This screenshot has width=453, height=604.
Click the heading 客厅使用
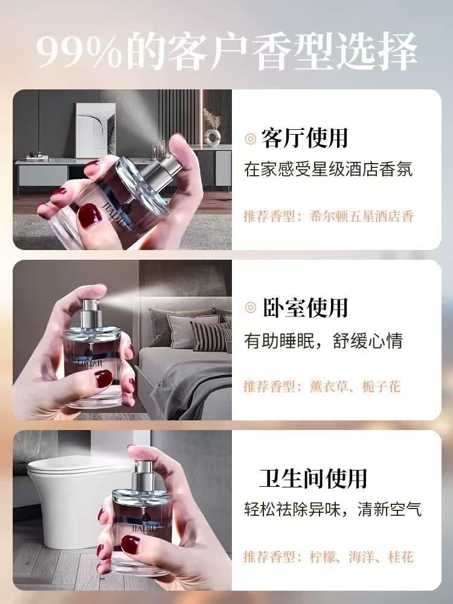point(304,138)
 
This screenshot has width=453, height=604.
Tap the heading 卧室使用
point(304,307)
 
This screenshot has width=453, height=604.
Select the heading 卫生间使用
point(312,478)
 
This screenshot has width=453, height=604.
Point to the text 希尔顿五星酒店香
point(361,216)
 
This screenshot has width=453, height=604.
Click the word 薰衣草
point(328,387)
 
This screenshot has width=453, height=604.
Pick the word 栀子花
point(381,387)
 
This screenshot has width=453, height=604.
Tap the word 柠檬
point(322,557)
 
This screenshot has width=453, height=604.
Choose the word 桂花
point(401,557)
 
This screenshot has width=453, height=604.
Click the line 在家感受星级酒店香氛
point(328,170)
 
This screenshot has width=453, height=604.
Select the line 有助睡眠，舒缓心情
point(324,341)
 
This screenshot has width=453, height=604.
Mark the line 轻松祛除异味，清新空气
point(333,510)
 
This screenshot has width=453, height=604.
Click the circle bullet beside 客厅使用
point(251,139)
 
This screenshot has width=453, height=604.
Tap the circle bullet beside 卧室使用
point(251,308)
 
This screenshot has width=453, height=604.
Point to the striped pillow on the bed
point(211,336)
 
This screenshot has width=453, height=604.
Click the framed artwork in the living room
point(95,130)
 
